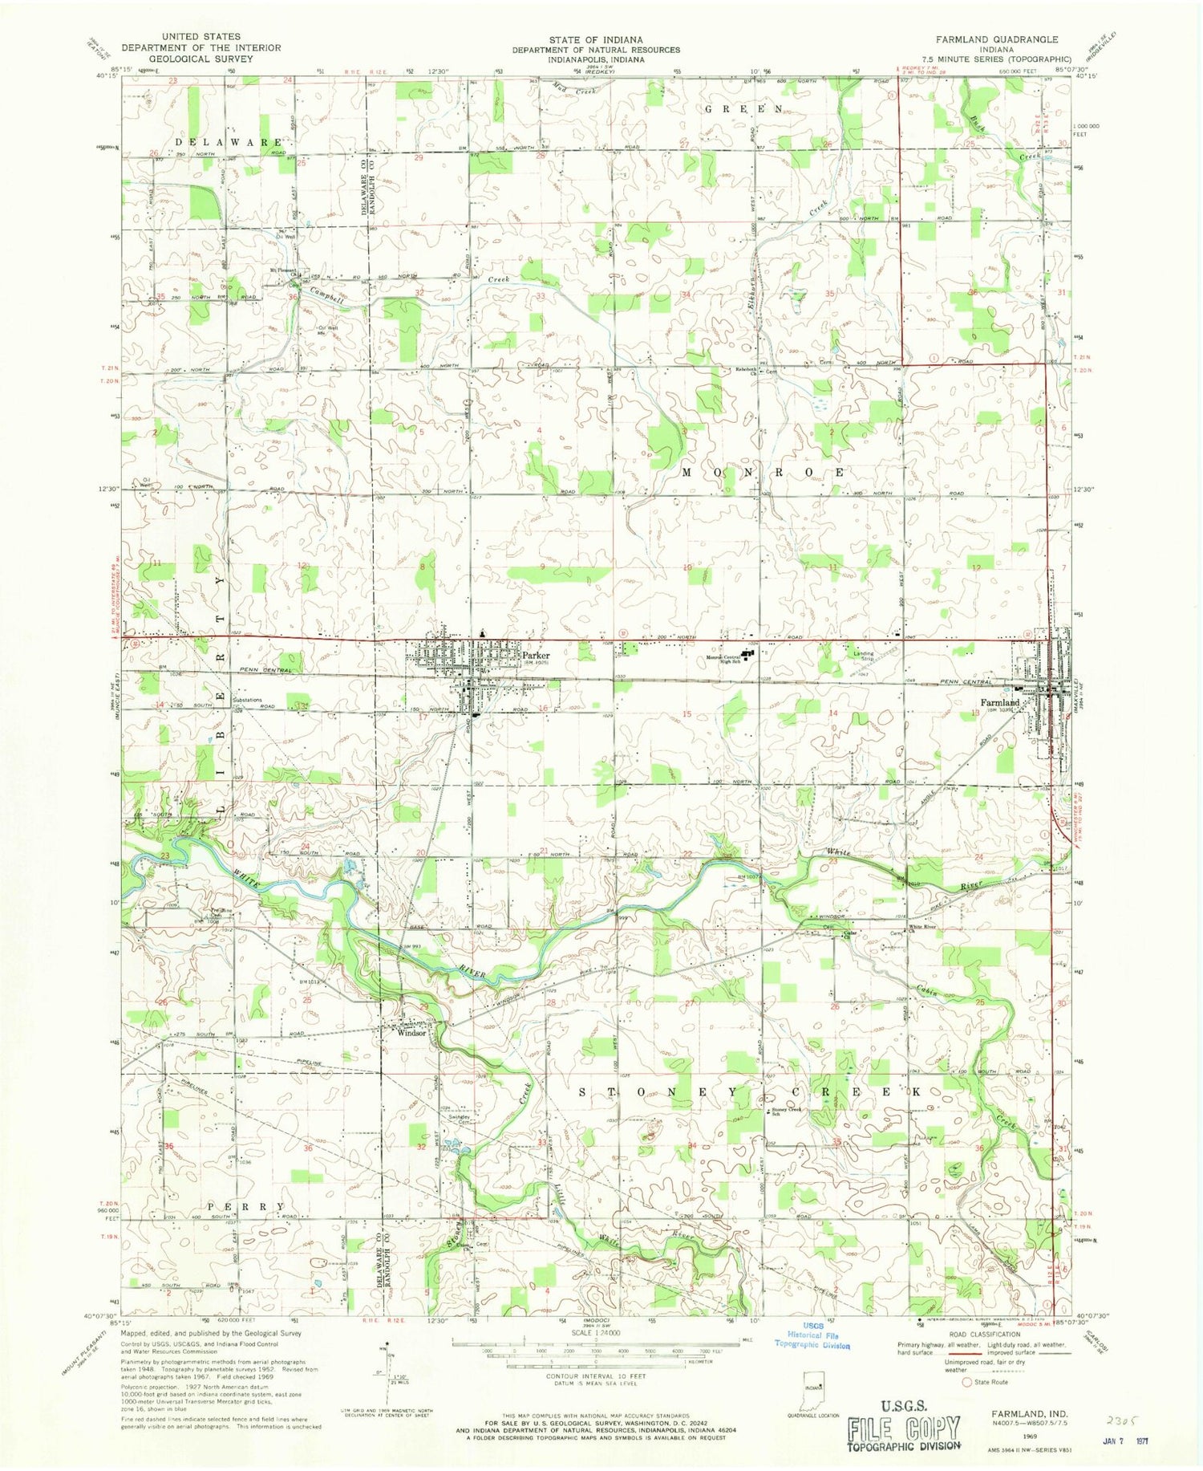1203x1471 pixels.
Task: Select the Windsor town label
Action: point(411,1033)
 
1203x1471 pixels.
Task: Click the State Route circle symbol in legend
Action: point(966,1382)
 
